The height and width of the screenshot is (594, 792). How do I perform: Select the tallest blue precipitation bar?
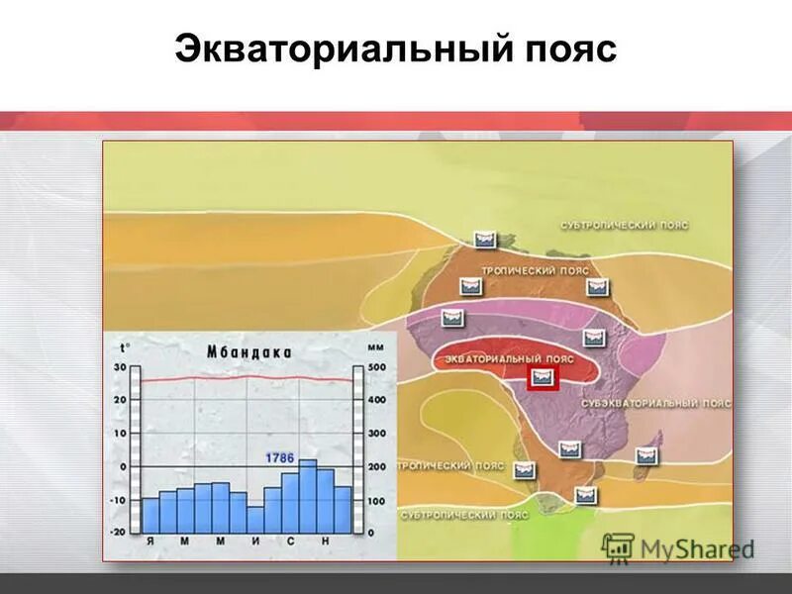coord(308,495)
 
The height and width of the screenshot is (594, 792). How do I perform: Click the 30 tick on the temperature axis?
coord(120,367)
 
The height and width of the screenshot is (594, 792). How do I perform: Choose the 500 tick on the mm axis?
coord(377,367)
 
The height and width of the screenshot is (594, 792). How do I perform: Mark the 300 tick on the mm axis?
coord(377,434)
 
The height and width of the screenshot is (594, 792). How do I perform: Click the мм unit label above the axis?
coord(376,347)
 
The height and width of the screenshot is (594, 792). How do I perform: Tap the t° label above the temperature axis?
coord(124,347)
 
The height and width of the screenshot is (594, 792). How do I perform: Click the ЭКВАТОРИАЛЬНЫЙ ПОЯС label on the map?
coord(509,356)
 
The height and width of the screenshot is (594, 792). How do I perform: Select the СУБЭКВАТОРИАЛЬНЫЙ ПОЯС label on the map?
coord(655,404)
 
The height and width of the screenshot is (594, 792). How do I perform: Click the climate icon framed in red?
coord(542,376)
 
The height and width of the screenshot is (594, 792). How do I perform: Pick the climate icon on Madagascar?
coord(647,456)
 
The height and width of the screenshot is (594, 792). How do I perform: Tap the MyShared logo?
coord(679,547)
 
